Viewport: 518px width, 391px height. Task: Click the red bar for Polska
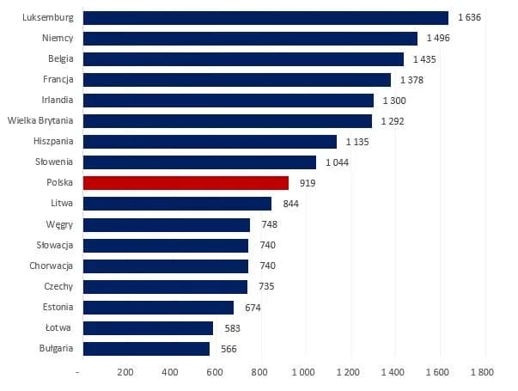[x=186, y=183]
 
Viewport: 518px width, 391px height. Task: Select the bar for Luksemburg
[x=265, y=17]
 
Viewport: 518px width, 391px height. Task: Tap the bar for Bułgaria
[x=146, y=349]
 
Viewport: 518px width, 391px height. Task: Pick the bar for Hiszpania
[x=210, y=142]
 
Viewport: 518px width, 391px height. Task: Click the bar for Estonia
[x=158, y=308]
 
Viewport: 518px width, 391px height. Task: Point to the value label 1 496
[x=442, y=38]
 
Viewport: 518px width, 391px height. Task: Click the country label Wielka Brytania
[x=40, y=121]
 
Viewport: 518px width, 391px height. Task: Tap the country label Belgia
[x=60, y=58]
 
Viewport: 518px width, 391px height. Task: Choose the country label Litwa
[x=62, y=204]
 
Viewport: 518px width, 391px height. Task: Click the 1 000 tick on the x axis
[x=304, y=373]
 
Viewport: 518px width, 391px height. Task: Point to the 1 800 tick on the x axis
[x=483, y=373]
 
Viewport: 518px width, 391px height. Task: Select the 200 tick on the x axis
[x=125, y=373]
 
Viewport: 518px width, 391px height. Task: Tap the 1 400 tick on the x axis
[x=393, y=373]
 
